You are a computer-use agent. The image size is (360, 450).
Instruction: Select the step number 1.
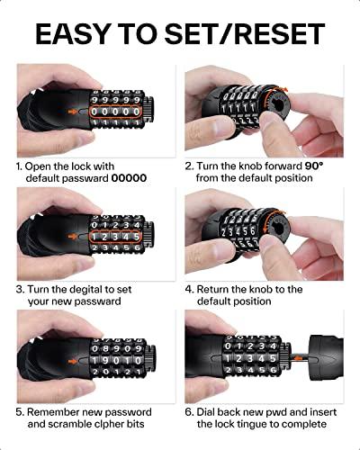coord(20,166)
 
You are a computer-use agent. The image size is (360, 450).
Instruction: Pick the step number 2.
coord(189,166)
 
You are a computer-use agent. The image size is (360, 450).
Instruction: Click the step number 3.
coord(20,289)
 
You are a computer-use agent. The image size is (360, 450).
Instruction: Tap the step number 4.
coord(189,289)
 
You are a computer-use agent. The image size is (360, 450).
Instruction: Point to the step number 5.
coord(20,411)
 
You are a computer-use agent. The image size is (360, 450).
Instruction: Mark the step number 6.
coord(189,411)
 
